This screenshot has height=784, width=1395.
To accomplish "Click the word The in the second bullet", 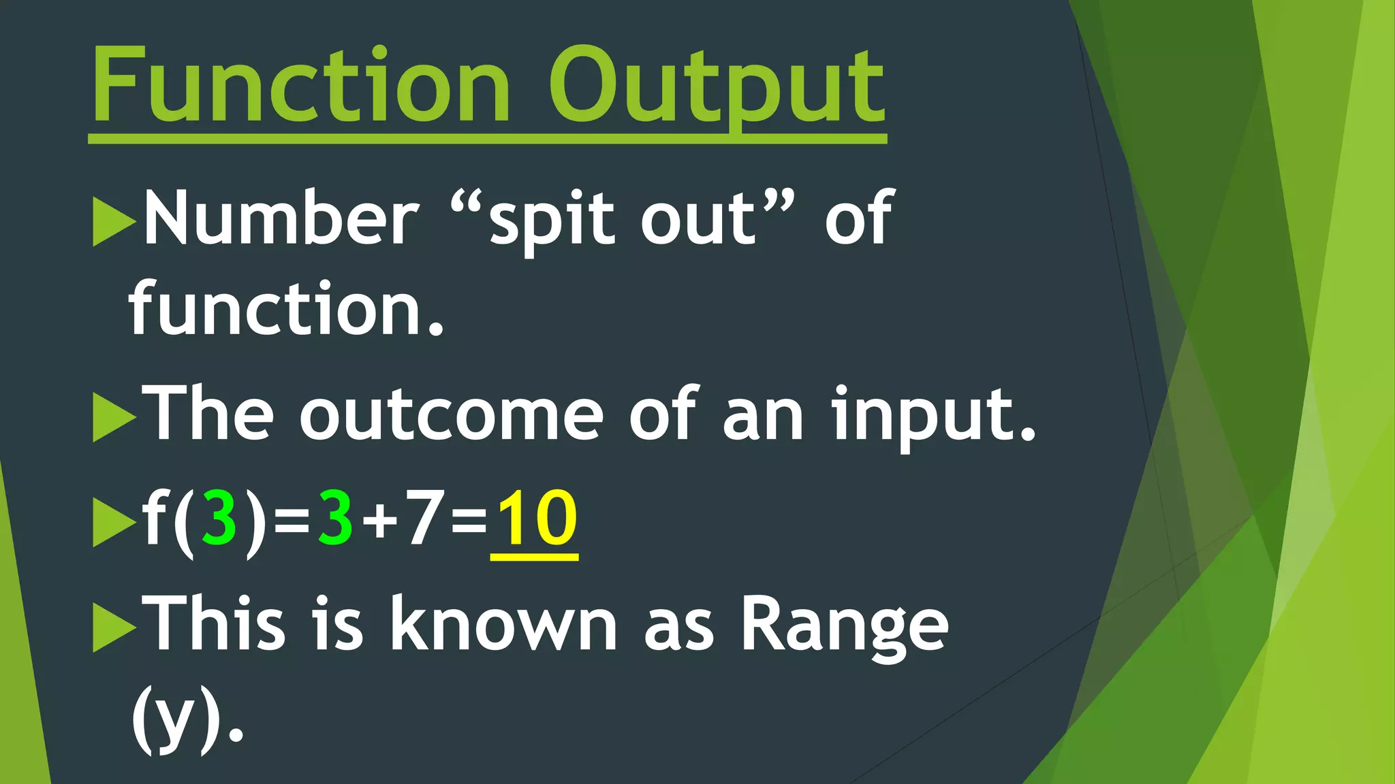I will (x=211, y=414).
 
